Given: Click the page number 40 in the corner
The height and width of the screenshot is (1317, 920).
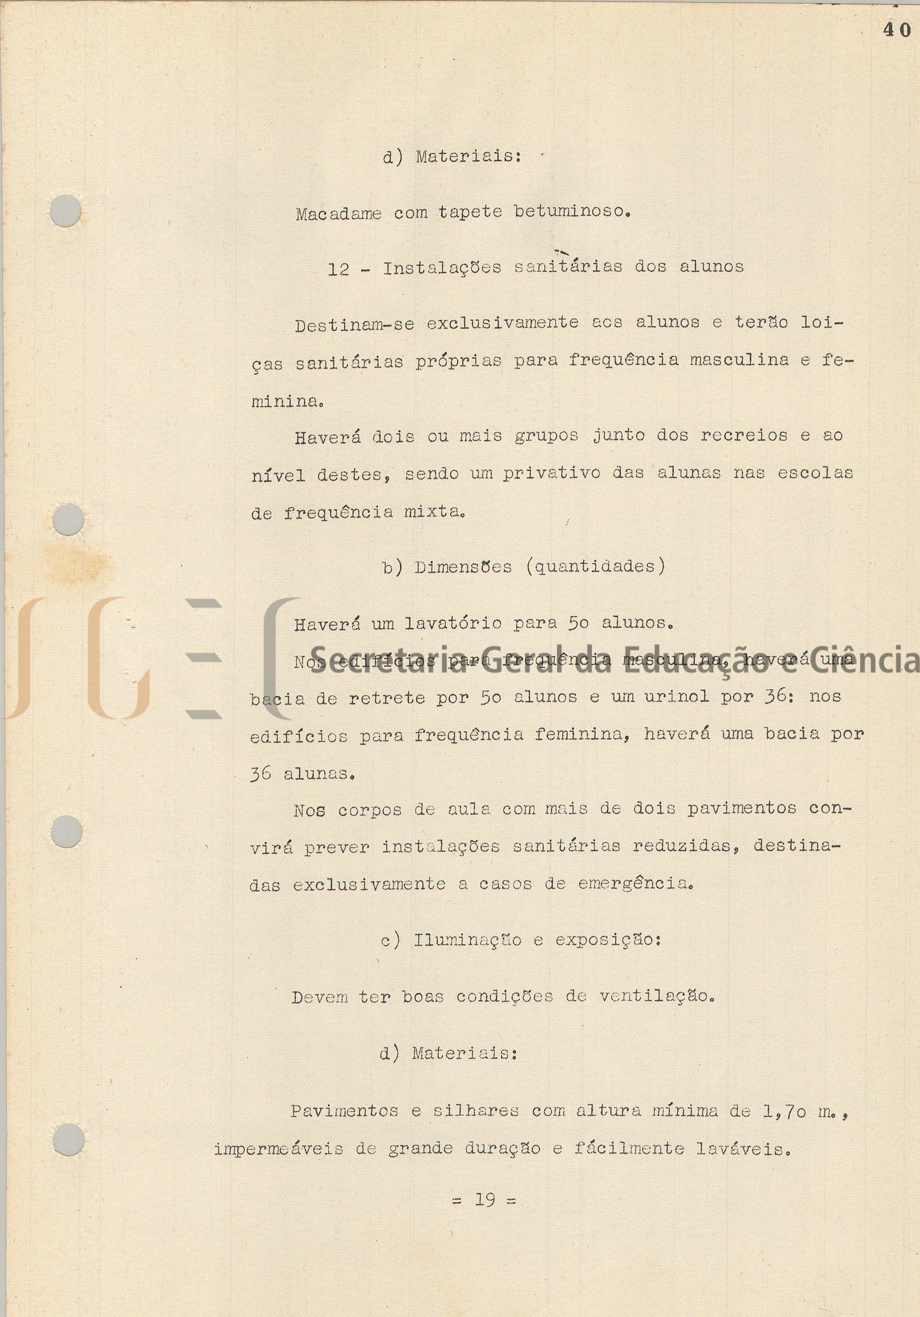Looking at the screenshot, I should pos(896,30).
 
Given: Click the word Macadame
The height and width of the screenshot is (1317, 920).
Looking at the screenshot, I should pos(338,214).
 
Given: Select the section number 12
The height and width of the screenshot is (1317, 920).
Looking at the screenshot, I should pos(338,269).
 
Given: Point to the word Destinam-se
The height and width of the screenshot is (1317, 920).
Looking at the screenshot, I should pos(354,325).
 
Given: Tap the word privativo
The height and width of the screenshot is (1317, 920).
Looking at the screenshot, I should pos(551,474).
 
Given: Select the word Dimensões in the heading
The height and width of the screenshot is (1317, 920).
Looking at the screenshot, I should pos(463,567).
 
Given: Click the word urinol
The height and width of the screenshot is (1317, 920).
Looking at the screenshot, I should pos(676,697).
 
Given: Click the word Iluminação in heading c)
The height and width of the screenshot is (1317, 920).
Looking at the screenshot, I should pos(467,939).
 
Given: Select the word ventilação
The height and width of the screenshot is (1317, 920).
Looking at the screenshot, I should pos(657,996).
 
